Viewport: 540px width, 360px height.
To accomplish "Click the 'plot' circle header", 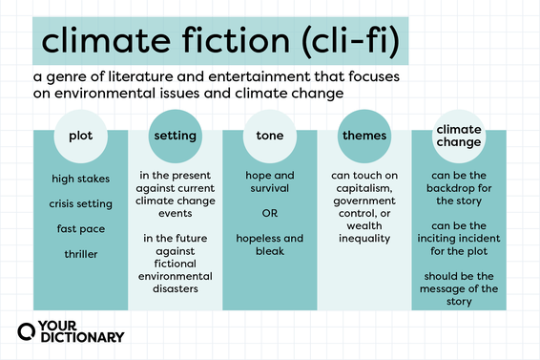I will click(80, 136).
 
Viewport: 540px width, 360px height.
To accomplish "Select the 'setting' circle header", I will click(175, 136).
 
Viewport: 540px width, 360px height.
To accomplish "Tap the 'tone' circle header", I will click(269, 136).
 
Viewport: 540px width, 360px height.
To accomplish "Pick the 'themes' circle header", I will click(364, 136).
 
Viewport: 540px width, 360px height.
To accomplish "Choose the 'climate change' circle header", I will click(458, 135).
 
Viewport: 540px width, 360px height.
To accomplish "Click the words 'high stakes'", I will click(80, 179).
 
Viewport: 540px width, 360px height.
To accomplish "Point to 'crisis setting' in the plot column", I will click(80, 203).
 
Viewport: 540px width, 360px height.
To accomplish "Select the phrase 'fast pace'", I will click(80, 228).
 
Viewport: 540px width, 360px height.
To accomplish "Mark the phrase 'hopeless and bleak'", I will click(269, 244).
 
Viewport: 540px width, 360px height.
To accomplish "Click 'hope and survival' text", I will click(269, 182).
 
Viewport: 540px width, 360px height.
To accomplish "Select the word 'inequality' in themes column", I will click(364, 238).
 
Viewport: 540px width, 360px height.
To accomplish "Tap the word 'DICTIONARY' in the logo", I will click(85, 337).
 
